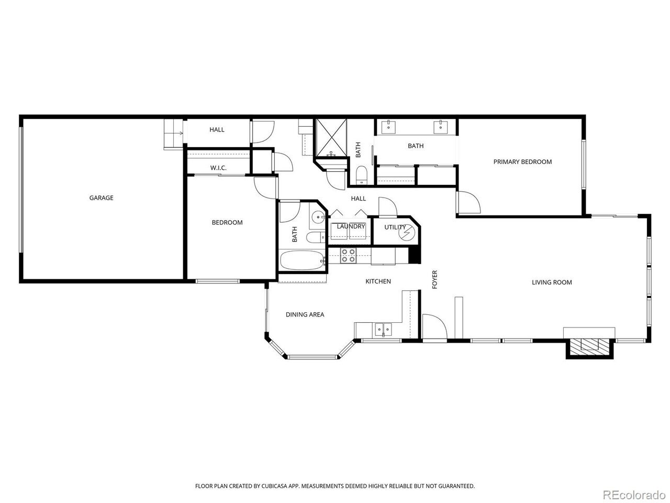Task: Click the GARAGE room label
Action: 101,198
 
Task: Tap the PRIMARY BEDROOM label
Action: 522,162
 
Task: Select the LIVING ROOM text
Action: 552,282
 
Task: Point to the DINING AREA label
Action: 305,314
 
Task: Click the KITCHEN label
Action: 378,281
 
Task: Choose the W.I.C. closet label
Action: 218,168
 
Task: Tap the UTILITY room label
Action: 395,227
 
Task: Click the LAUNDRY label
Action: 351,226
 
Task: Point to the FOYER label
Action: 434,279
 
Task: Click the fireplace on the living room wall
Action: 589,347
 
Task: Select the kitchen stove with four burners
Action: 348,255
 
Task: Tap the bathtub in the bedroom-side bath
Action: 302,260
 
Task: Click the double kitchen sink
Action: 383,329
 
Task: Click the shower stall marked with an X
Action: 331,137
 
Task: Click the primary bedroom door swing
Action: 468,202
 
